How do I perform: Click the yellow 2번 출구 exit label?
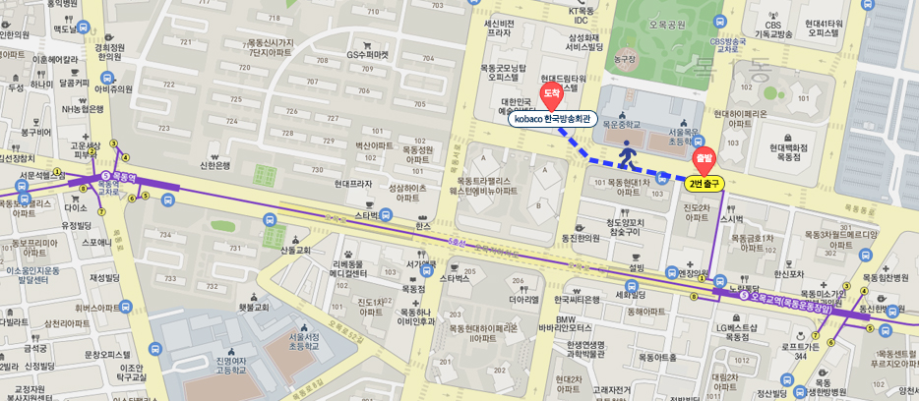705,183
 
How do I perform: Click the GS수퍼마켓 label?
369,54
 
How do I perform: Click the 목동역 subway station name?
124,178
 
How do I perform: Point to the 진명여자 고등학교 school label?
231,371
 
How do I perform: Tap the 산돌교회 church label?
295,251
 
